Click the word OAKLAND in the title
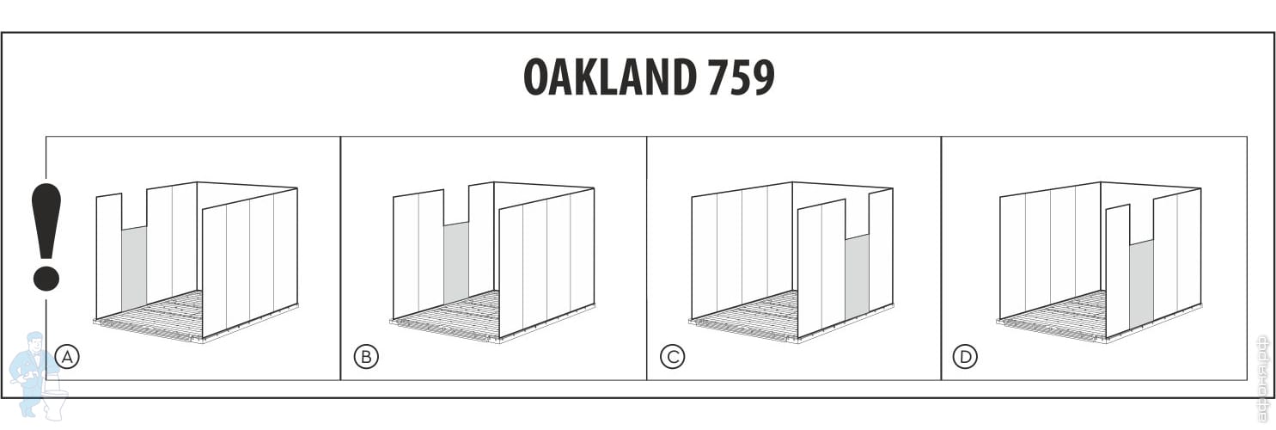609,77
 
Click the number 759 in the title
741,77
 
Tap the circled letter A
66,356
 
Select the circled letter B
366,356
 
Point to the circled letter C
672,356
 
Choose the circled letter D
966,356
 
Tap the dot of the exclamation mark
46,278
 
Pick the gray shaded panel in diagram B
455,262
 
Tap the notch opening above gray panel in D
1141,224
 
